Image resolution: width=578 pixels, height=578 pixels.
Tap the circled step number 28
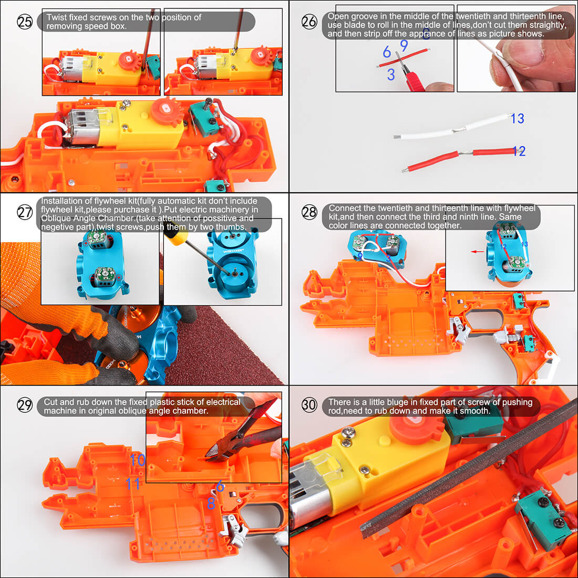[x=309, y=212]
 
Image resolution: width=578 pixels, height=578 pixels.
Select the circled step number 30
[x=309, y=405]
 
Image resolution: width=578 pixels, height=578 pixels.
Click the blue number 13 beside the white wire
[x=517, y=119]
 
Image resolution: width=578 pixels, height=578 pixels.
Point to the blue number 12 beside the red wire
[x=519, y=151]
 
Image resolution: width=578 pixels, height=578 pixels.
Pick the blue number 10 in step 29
[x=138, y=460]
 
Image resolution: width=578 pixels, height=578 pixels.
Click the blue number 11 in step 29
[x=132, y=483]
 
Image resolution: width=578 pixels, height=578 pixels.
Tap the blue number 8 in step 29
[x=211, y=503]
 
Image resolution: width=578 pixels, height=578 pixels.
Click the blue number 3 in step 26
[x=390, y=75]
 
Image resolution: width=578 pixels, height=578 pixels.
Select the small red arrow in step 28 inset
[x=477, y=252]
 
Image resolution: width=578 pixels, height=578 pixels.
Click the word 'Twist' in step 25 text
[x=57, y=17]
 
